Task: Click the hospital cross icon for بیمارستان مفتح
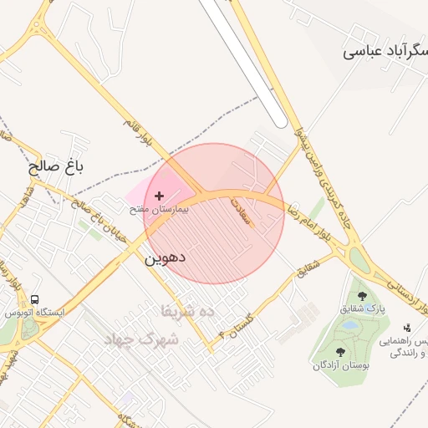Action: [x=160, y=196]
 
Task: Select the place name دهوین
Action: [x=165, y=257]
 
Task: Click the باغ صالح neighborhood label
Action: [x=57, y=166]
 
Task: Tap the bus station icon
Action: [x=34, y=299]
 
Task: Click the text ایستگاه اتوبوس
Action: [x=35, y=312]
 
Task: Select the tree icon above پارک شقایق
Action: [x=362, y=296]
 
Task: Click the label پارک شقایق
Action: [x=362, y=308]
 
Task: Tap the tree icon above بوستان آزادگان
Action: [x=340, y=352]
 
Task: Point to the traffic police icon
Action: [x=407, y=328]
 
